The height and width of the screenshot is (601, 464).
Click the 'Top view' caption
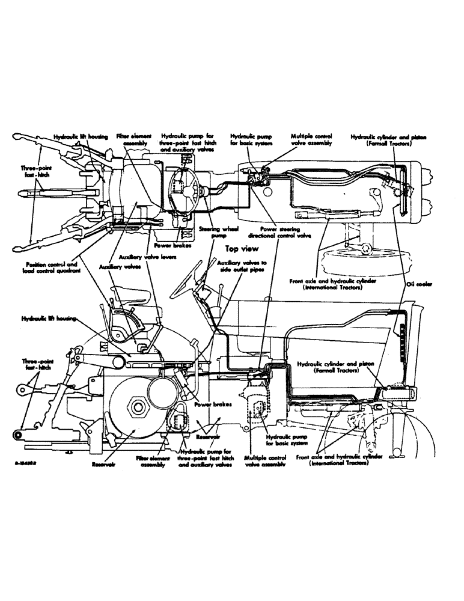240,247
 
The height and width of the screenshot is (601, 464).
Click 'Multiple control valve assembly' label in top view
310,140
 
